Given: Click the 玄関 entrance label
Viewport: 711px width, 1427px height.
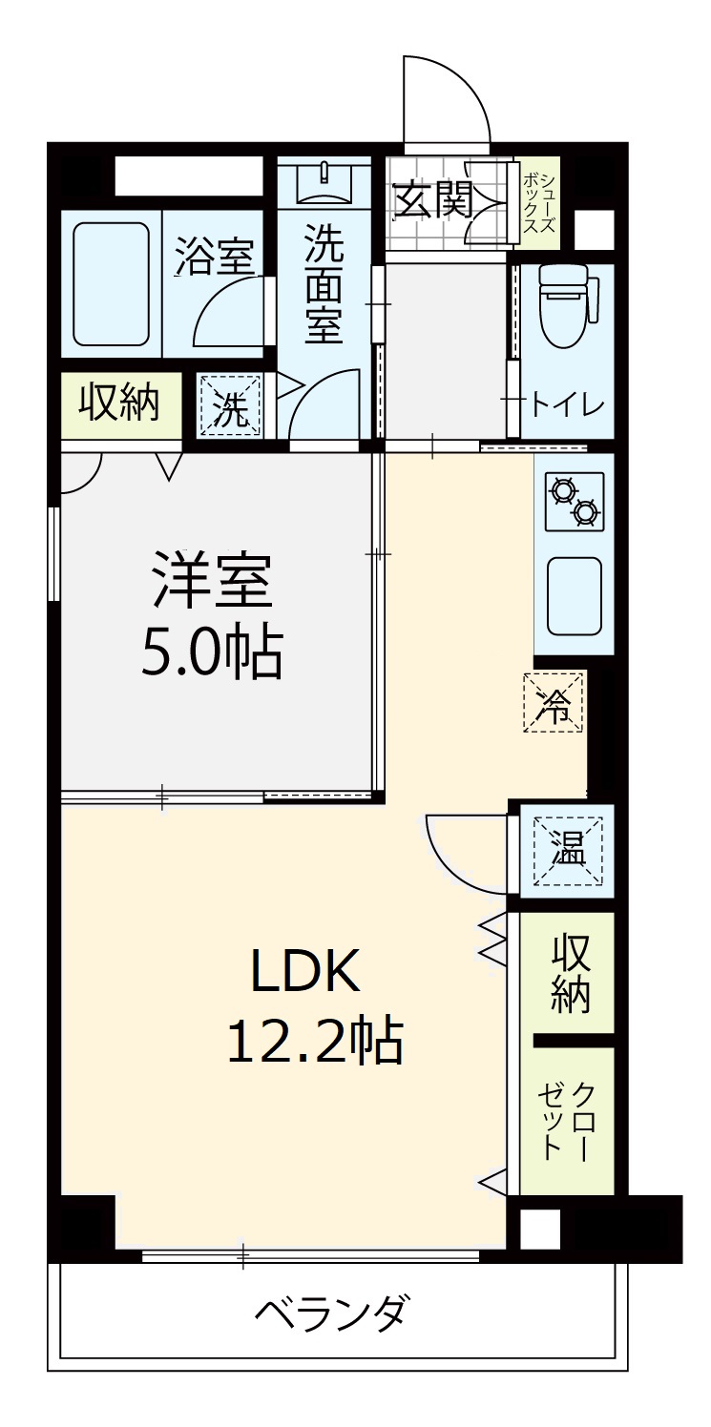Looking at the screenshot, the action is pos(434,200).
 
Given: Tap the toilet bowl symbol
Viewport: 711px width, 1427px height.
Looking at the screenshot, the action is pos(569,305).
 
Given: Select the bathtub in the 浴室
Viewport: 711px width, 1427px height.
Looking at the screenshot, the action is pos(112,284).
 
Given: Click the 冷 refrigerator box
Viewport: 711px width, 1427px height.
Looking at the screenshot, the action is pos(553,702).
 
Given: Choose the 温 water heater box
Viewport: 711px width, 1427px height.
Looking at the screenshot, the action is pos(568,851).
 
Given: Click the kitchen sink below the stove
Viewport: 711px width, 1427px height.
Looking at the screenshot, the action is pos(575,597).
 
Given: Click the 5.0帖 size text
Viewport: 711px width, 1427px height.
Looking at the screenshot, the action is pos(212,653).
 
